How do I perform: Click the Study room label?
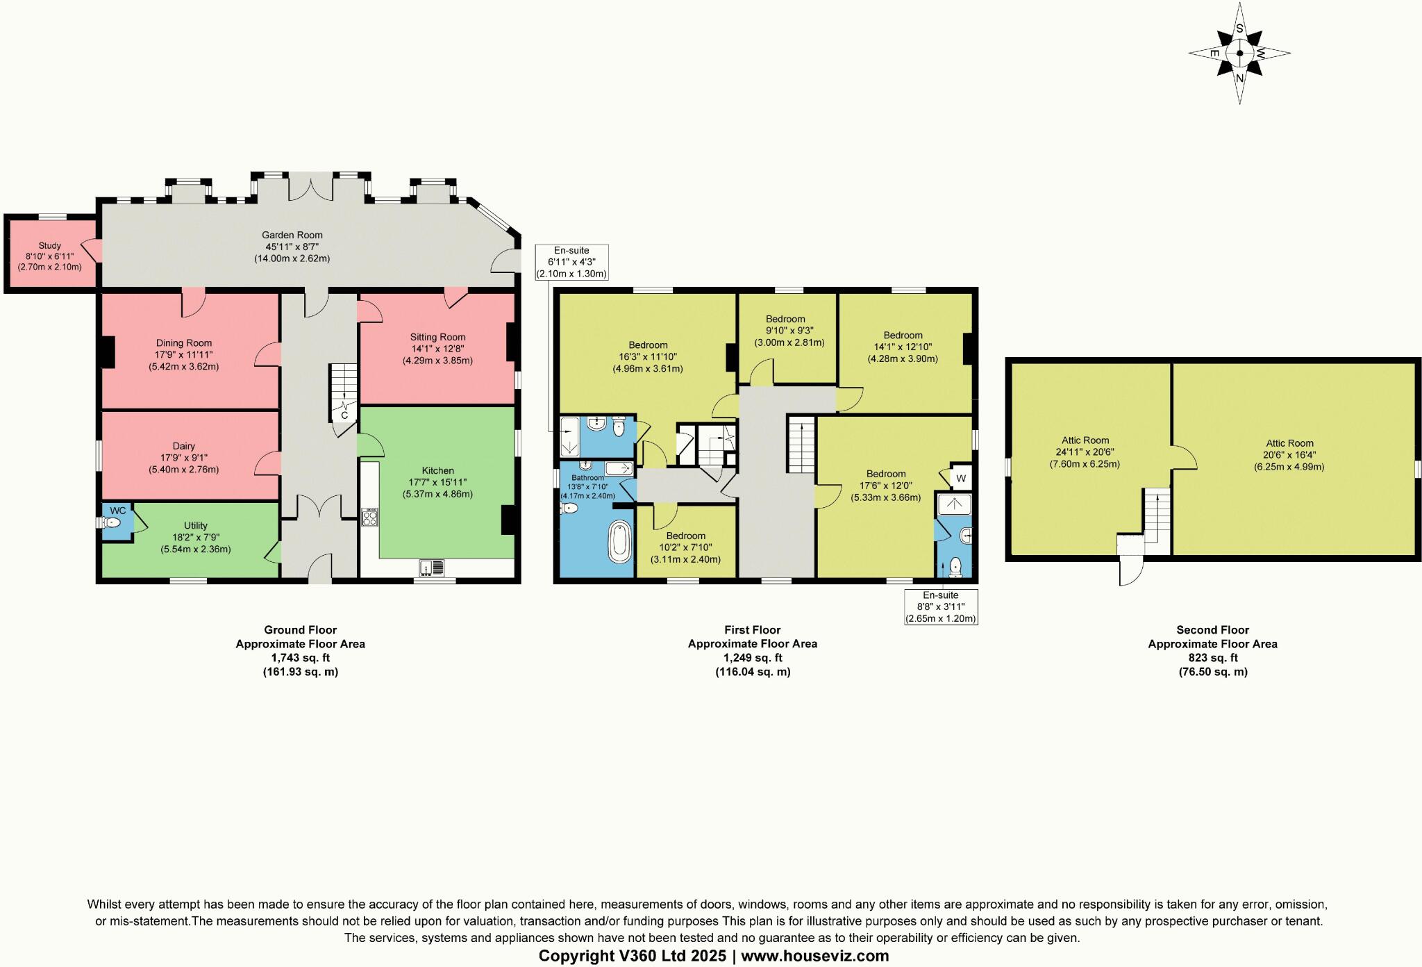(x=50, y=245)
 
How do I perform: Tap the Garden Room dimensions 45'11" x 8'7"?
(x=292, y=247)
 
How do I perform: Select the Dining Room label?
(x=184, y=342)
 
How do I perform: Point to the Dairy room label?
(x=184, y=446)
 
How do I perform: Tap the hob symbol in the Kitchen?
(x=369, y=518)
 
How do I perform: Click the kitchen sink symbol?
(x=432, y=569)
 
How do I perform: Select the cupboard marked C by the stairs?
(x=344, y=415)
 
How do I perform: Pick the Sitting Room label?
(x=437, y=337)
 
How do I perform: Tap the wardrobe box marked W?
(x=961, y=478)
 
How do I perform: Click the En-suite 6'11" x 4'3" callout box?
(x=571, y=262)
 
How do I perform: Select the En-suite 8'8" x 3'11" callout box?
(x=941, y=606)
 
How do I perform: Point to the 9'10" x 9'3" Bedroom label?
(x=785, y=319)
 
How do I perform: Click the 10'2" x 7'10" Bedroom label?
(x=686, y=536)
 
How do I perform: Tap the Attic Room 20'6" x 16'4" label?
(x=1289, y=443)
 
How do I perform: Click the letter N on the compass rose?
(x=1239, y=78)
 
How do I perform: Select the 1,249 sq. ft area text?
(x=753, y=658)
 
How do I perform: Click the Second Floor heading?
(x=1212, y=630)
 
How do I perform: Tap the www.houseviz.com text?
(x=814, y=956)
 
